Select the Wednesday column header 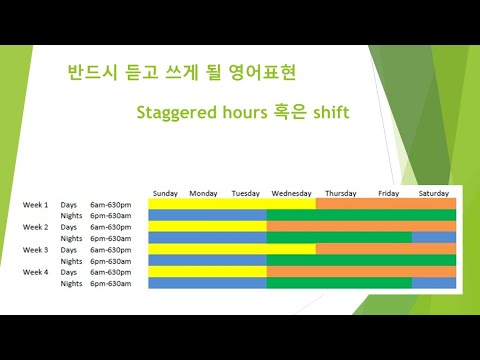pyautogui.click(x=291, y=193)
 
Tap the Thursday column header pyautogui.click(x=340, y=193)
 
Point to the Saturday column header pyautogui.click(x=433, y=193)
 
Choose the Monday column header pyautogui.click(x=203, y=193)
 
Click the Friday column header pyautogui.click(x=389, y=193)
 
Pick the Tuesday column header pyautogui.click(x=246, y=193)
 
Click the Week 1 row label pyautogui.click(x=36, y=204)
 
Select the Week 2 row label pyautogui.click(x=36, y=227)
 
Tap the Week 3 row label pyautogui.click(x=36, y=249)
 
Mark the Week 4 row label pyautogui.click(x=36, y=272)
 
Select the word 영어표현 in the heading pyautogui.click(x=262, y=74)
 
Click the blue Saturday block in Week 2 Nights pyautogui.click(x=433, y=238)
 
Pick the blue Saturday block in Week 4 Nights pyautogui.click(x=433, y=283)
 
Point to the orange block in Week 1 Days pyautogui.click(x=385, y=204)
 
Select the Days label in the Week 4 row pyautogui.click(x=69, y=272)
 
